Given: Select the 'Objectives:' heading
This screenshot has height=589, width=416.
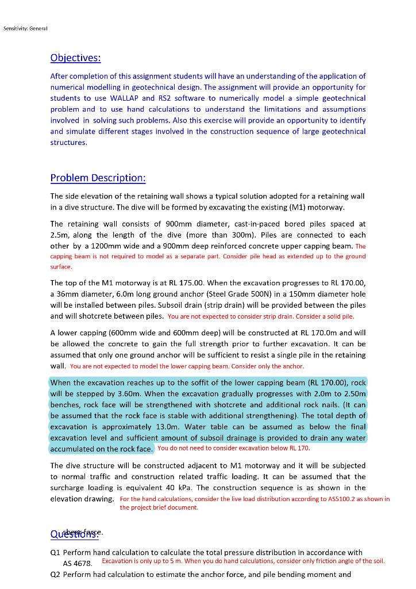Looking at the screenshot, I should (x=75, y=58).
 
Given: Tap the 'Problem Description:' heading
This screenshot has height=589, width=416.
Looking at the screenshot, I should (x=98, y=177).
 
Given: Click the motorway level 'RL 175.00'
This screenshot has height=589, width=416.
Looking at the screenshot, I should (x=185, y=283).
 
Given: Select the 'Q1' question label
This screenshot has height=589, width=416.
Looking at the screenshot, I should (x=56, y=553).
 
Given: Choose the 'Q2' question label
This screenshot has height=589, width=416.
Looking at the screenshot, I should (x=56, y=575).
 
